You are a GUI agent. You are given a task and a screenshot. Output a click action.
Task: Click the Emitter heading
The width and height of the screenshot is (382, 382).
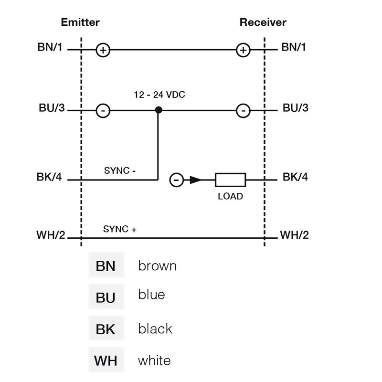tap(80, 22)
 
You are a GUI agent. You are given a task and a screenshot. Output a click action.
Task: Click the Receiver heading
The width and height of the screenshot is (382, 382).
tap(263, 22)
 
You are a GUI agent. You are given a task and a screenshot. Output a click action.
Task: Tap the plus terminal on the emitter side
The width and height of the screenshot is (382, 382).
tap(103, 50)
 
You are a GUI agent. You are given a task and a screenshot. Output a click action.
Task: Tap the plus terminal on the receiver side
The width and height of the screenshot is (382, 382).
tap(244, 50)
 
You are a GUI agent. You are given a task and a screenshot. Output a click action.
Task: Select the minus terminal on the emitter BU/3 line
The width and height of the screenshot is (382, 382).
tap(103, 111)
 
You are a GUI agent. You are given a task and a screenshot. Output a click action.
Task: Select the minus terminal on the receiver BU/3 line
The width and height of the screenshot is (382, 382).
tap(244, 111)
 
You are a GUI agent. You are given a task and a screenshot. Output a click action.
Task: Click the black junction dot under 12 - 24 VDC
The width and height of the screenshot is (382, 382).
tap(159, 110)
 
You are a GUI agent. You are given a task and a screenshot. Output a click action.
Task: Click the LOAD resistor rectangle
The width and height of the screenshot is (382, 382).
tap(230, 180)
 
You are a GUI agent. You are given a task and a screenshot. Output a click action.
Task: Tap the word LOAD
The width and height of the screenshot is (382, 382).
tap(230, 196)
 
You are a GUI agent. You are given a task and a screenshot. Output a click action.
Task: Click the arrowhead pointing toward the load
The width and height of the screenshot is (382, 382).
tap(195, 180)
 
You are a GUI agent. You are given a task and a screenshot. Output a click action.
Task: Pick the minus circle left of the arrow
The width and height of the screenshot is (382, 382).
tap(177, 180)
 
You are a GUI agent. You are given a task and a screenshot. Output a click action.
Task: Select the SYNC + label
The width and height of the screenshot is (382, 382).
tap(120, 229)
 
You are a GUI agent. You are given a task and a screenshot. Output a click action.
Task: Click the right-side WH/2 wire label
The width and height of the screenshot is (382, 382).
tap(294, 235)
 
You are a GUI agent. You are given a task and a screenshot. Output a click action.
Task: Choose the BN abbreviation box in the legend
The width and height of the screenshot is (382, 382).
tap(106, 265)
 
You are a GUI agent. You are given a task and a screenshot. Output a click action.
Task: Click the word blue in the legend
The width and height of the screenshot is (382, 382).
tap(151, 294)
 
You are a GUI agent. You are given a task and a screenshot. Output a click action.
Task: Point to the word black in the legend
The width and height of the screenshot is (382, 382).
tap(155, 329)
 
